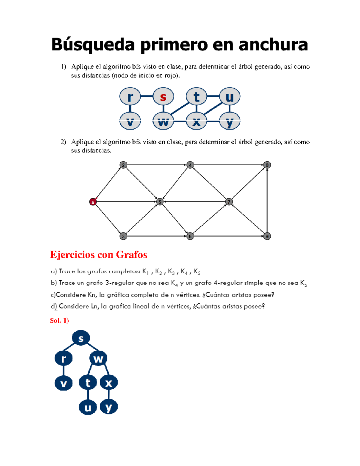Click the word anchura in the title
273,45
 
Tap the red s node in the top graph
163,97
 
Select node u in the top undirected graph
229,97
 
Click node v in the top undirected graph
130,121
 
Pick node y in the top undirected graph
229,121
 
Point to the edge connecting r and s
147,96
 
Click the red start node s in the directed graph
93,202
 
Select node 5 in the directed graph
160,202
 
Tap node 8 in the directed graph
267,165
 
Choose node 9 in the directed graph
267,236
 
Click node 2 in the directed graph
123,165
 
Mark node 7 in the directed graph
229,202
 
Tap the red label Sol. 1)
59,321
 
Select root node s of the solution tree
81,338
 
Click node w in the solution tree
98,358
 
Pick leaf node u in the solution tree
88,407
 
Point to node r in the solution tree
63,358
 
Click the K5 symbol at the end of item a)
197,272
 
